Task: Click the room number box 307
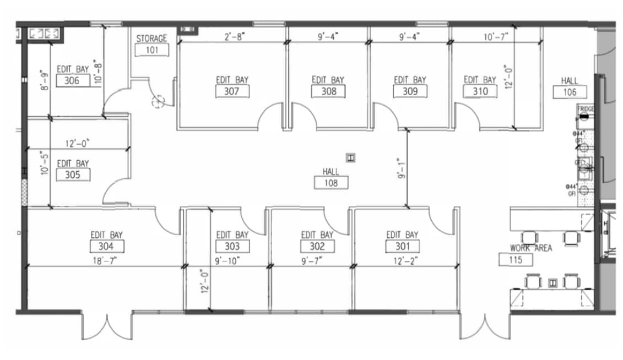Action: tap(232, 91)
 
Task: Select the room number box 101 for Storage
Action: tap(151, 50)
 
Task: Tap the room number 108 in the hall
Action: tap(331, 182)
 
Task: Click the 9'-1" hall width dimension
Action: tap(402, 168)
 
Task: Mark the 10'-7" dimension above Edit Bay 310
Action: tap(495, 37)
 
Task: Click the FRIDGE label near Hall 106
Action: tap(586, 110)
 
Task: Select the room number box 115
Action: tap(516, 259)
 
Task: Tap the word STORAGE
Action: tap(151, 39)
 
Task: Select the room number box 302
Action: tap(317, 246)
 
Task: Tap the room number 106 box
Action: tap(570, 92)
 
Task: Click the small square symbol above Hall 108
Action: tap(350, 158)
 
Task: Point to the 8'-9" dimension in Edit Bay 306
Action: tap(45, 78)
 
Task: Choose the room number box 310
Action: tap(480, 91)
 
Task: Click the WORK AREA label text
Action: tap(530, 248)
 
